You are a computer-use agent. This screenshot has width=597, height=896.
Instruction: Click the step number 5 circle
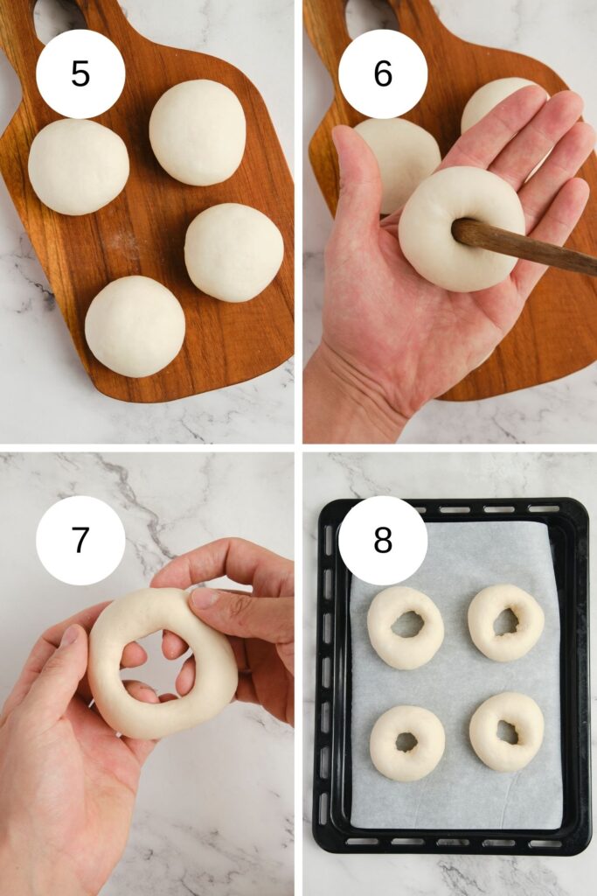(80, 73)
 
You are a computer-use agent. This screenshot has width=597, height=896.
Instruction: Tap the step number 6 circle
(383, 73)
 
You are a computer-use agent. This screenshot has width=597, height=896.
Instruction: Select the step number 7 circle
(80, 540)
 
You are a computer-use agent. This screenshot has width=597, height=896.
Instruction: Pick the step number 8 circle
(383, 540)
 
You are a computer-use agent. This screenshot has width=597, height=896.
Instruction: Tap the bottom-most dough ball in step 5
(135, 326)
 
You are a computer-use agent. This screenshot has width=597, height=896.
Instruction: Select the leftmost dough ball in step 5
(78, 167)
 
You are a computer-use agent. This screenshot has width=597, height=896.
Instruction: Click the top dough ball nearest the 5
(198, 132)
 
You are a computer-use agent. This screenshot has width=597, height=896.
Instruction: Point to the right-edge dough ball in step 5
(234, 252)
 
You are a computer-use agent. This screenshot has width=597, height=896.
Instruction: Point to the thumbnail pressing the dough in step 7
(204, 597)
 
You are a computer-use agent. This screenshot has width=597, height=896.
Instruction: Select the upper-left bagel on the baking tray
(406, 627)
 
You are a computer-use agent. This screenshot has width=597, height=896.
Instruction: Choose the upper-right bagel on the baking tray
(506, 623)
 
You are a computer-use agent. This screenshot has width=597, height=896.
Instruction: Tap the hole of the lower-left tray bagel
(407, 742)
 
